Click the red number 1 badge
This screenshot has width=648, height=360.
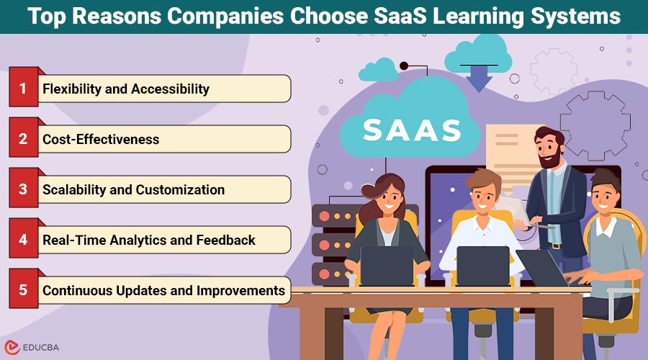(x=24, y=87)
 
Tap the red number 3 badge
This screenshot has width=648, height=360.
(x=24, y=188)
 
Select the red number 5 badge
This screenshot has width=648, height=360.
(x=24, y=289)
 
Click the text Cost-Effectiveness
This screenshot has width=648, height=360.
(x=101, y=139)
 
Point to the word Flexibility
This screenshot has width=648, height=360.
(x=72, y=89)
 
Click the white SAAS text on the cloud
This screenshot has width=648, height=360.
(x=412, y=130)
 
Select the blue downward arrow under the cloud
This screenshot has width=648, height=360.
(x=479, y=79)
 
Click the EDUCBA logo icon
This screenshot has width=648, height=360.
(x=12, y=347)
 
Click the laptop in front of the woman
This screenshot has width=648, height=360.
(x=387, y=266)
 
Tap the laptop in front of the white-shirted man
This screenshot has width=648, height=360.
(x=483, y=266)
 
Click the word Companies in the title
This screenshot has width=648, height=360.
(x=225, y=17)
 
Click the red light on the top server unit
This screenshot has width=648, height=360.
(x=325, y=216)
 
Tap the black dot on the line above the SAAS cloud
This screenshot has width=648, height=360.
(x=404, y=66)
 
